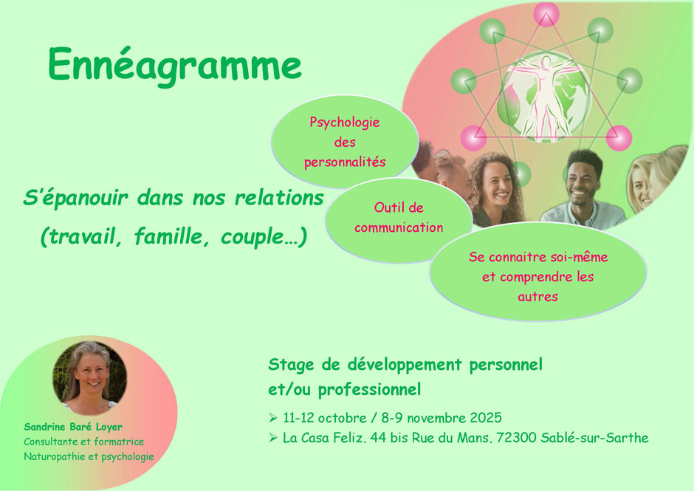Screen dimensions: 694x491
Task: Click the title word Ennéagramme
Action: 175,66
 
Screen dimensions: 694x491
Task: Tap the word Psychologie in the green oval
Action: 344,123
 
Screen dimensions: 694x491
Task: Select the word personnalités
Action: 345,162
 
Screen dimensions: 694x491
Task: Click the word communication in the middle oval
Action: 399,227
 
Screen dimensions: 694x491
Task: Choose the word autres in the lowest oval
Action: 537,297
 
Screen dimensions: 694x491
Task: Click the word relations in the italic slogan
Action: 279,197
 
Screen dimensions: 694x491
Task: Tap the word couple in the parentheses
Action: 252,237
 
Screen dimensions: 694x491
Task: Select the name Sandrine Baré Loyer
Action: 73,427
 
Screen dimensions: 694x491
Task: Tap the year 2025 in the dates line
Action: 486,417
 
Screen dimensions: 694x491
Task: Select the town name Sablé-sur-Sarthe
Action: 594,438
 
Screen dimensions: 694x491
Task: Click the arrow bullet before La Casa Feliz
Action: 273,438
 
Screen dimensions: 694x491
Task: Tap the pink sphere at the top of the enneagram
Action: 546,14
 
